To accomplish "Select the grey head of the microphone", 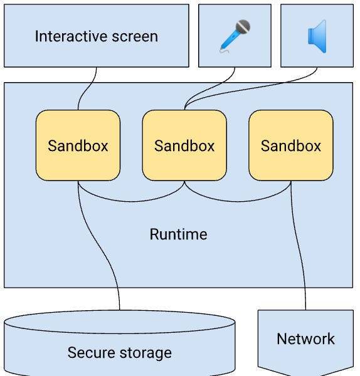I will (x=243, y=27).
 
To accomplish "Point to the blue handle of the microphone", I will (x=228, y=43).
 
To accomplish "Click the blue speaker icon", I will (x=317, y=36).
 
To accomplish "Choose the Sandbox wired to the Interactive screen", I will (x=78, y=145).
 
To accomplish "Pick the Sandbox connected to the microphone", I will (x=184, y=145).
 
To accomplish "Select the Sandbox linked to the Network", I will (x=291, y=145).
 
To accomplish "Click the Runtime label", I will (x=178, y=235).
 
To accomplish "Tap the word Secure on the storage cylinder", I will (x=92, y=353).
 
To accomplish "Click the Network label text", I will (x=305, y=339).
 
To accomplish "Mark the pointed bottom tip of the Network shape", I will (x=305, y=374).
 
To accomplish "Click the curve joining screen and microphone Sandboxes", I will (x=131, y=201).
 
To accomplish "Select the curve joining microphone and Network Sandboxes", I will (x=238, y=201).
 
